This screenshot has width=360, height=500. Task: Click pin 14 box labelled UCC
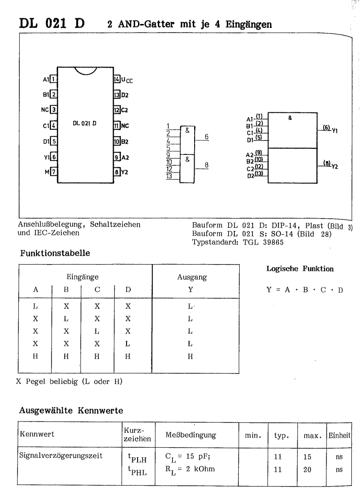click(x=116, y=79)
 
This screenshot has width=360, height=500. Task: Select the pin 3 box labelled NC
click(x=54, y=110)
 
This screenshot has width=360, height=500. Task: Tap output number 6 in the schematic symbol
click(x=206, y=137)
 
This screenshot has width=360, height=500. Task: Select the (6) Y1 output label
click(x=330, y=129)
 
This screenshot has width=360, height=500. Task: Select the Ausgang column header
click(x=190, y=277)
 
